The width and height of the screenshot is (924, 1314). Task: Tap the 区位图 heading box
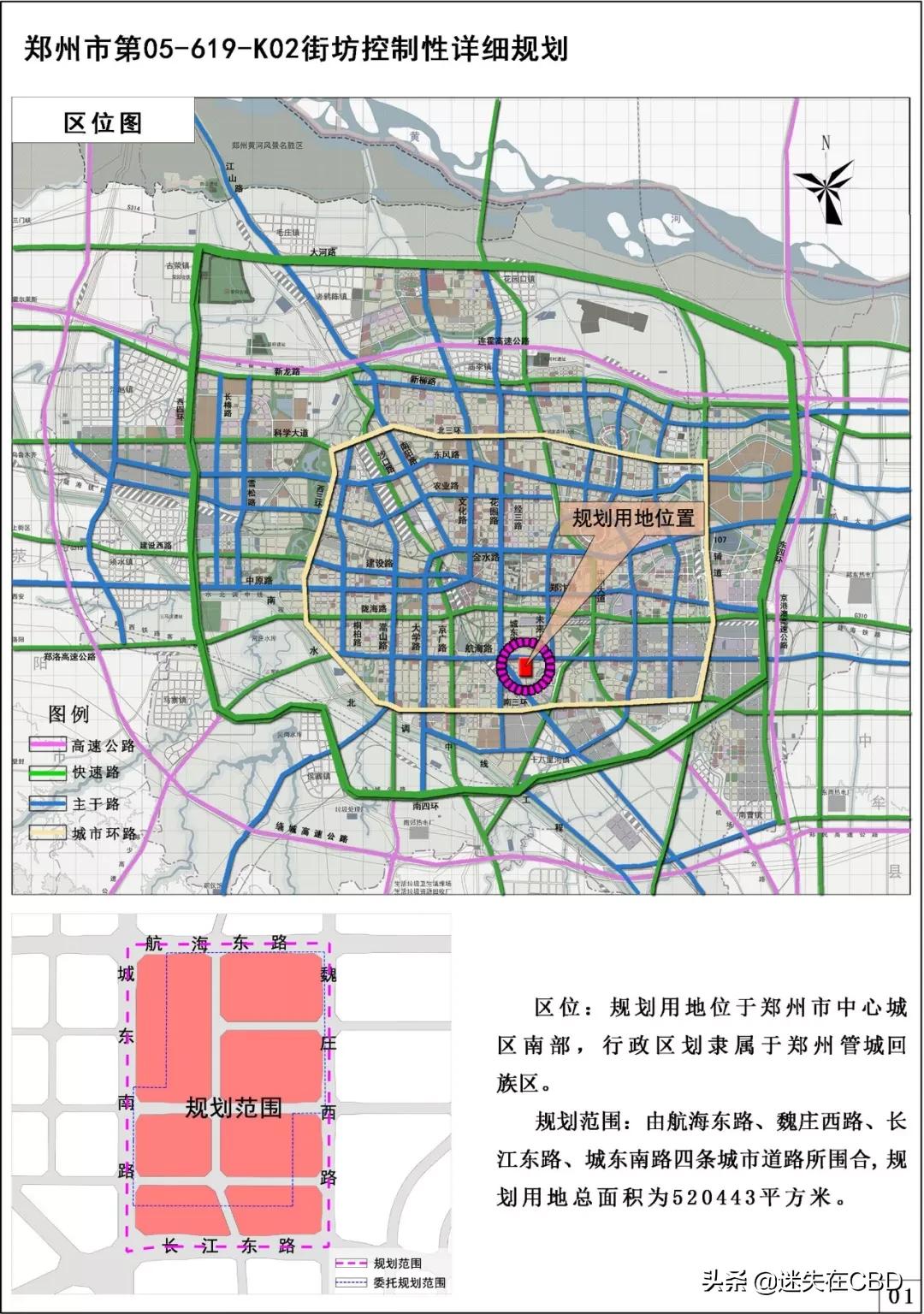103,123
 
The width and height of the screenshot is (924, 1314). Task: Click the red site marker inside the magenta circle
525,666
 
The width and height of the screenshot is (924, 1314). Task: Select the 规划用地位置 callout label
632,518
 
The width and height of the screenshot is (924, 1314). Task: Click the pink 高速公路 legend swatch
48,745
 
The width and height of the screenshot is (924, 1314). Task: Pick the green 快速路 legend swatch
48,772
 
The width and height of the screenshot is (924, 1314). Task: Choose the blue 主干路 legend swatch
48,804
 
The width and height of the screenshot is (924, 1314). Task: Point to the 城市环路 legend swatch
48,832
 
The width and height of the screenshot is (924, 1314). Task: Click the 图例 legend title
68,714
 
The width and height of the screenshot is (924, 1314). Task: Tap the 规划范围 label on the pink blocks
234,1108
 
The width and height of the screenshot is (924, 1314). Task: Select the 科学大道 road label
291,434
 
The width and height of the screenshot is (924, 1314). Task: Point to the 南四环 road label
425,806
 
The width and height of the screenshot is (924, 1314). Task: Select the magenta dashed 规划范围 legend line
350,1264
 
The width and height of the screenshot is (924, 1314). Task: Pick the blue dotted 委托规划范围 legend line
350,1282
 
